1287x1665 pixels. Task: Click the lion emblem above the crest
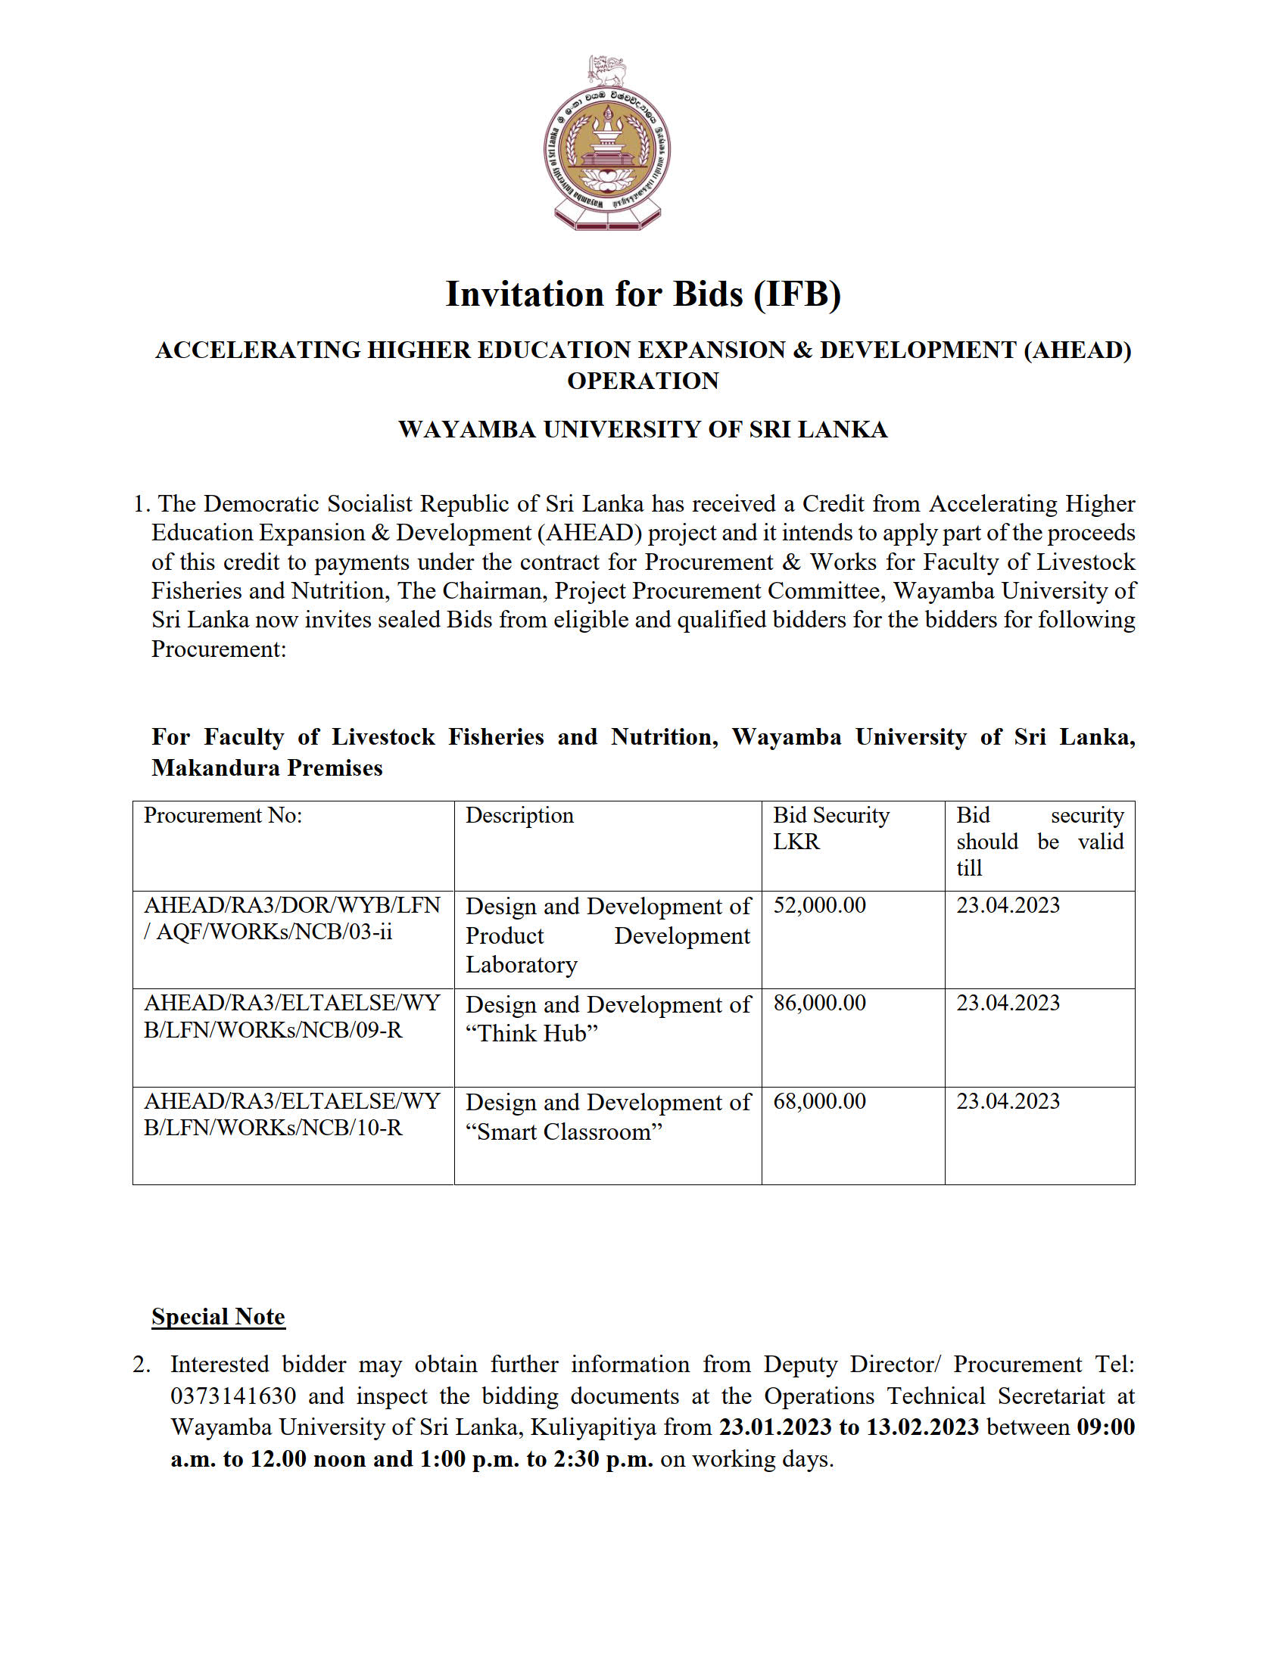click(608, 70)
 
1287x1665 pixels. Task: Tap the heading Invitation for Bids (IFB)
click(643, 294)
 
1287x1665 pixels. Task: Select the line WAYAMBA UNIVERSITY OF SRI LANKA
click(643, 429)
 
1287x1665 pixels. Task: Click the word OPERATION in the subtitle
click(643, 381)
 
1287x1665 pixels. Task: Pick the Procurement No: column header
click(223, 816)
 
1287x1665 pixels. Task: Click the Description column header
click(519, 816)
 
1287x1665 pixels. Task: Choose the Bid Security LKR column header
click(831, 829)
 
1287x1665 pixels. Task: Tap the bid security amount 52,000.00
click(820, 906)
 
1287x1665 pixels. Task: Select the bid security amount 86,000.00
click(820, 1004)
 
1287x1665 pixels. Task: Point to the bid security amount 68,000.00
click(820, 1102)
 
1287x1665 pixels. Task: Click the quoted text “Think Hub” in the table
click(531, 1034)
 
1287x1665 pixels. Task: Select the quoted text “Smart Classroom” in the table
click(564, 1132)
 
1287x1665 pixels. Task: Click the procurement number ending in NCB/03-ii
click(292, 919)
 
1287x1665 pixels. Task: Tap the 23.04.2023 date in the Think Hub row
click(1008, 1004)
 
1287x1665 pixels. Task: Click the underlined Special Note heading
click(218, 1317)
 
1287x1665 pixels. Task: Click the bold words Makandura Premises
click(266, 767)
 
